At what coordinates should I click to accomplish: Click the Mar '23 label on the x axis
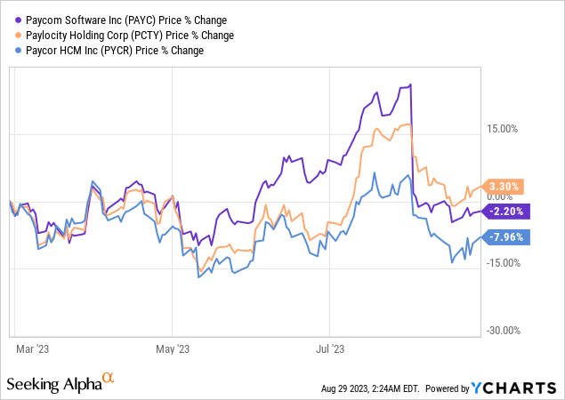coord(33,348)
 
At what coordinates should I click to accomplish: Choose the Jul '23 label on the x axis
coord(330,348)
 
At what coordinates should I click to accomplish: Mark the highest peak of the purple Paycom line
coord(409,85)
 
